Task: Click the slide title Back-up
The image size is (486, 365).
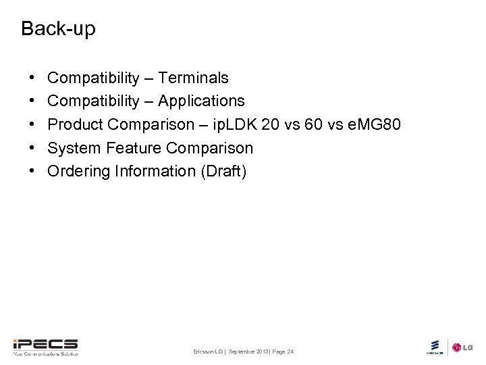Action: pos(58,29)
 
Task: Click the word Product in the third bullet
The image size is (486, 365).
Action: pos(75,124)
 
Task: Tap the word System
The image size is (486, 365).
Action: pos(74,148)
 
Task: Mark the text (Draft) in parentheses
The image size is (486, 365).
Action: pos(223,172)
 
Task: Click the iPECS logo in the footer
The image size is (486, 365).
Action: pos(45,347)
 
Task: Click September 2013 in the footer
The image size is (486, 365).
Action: pos(248,352)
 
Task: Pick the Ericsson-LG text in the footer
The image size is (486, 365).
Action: pos(208,352)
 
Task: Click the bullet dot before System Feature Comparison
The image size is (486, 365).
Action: pos(33,148)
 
